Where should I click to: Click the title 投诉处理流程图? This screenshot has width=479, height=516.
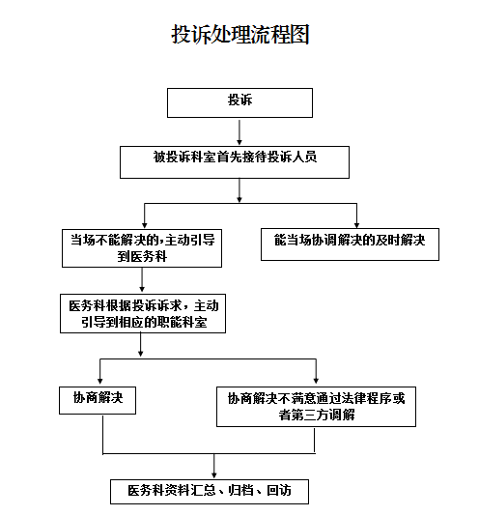click(x=240, y=34)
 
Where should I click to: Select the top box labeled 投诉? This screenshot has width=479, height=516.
click(x=239, y=102)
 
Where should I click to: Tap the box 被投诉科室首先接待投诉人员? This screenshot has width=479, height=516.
click(x=235, y=162)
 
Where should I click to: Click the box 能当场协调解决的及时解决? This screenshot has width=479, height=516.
click(x=350, y=244)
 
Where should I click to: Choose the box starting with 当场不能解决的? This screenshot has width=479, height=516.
click(x=142, y=248)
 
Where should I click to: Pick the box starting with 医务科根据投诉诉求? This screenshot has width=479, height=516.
click(x=143, y=314)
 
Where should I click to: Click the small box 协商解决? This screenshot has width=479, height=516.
click(x=98, y=400)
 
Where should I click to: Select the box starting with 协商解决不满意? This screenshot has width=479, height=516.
click(x=316, y=407)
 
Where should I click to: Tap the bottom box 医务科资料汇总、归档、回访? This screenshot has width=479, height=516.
click(x=210, y=492)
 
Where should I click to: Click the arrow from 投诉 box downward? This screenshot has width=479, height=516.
click(x=239, y=132)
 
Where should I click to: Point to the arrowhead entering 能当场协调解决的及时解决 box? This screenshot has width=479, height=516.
click(x=356, y=225)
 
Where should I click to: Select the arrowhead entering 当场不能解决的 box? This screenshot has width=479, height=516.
click(x=145, y=225)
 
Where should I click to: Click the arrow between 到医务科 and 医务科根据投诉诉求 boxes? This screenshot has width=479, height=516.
click(x=142, y=279)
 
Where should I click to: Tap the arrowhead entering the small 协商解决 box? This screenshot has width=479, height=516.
click(x=100, y=381)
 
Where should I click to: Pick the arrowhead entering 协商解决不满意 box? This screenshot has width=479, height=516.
click(x=316, y=381)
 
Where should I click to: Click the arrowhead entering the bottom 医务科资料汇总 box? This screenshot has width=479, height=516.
click(x=214, y=475)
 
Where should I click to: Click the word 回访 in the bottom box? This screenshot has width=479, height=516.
click(x=279, y=490)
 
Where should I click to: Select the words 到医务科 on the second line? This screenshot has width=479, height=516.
click(x=142, y=256)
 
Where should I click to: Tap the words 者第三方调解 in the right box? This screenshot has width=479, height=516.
click(x=317, y=415)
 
